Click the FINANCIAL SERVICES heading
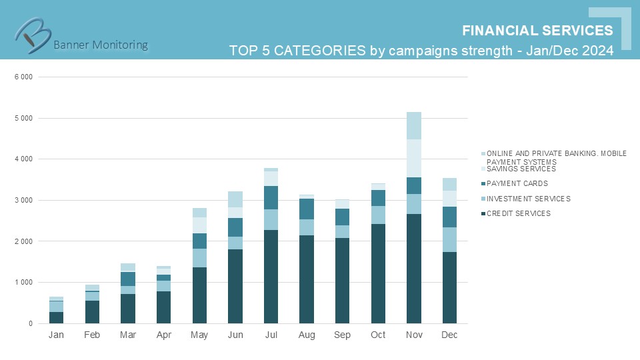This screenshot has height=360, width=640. pyautogui.click(x=537, y=31)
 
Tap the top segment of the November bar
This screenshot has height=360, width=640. pyautogui.click(x=414, y=125)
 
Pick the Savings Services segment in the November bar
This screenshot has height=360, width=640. pyautogui.click(x=414, y=158)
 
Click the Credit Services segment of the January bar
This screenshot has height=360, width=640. pyautogui.click(x=57, y=317)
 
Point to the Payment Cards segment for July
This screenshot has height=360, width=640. pyautogui.click(x=271, y=197)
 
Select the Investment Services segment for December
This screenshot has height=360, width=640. pyautogui.click(x=449, y=239)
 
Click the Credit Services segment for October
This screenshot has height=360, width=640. pyautogui.click(x=378, y=273)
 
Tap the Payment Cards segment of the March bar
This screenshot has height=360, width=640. pyautogui.click(x=128, y=279)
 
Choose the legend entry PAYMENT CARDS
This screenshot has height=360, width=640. pyautogui.click(x=517, y=183)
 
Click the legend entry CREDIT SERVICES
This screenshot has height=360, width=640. pyautogui.click(x=519, y=213)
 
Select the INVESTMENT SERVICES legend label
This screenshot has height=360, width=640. pyautogui.click(x=528, y=199)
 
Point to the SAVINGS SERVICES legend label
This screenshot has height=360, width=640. pyautogui.click(x=521, y=169)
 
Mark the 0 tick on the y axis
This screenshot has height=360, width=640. pyautogui.click(x=30, y=323)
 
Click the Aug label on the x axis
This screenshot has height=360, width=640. pyautogui.click(x=307, y=335)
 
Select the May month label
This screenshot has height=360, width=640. pyautogui.click(x=199, y=335)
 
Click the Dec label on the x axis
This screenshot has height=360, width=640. pyautogui.click(x=449, y=335)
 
